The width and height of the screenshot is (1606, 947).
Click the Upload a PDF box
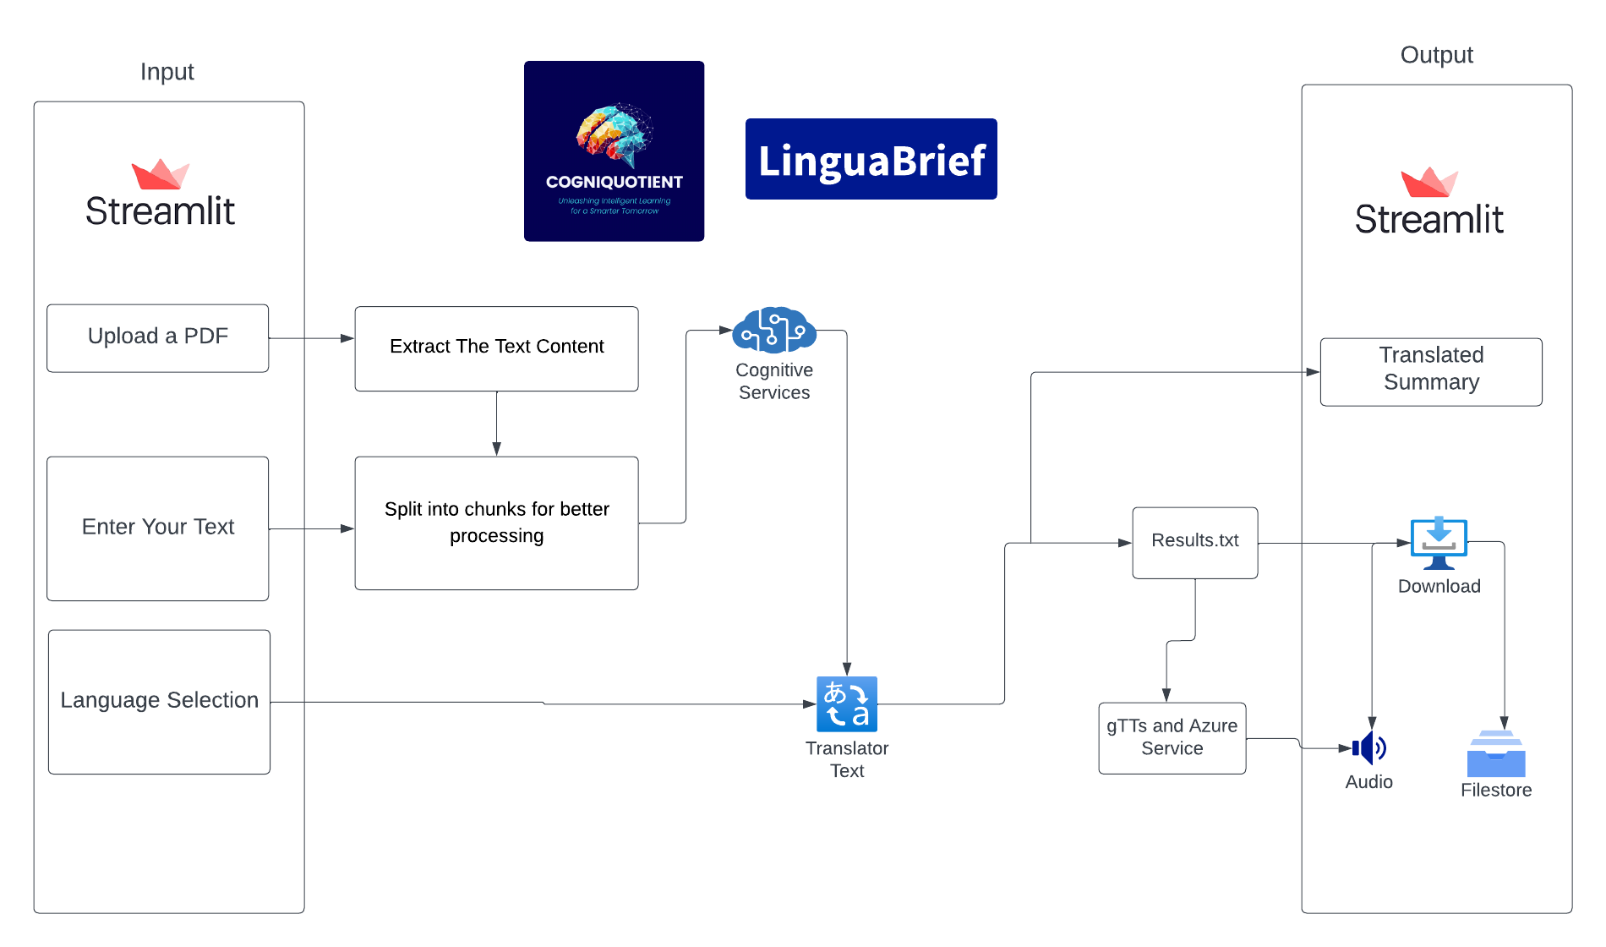tap(158, 337)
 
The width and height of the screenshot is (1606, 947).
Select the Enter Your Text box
tap(158, 528)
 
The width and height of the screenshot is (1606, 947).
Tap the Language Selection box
tap(159, 701)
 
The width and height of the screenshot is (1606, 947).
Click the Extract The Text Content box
tap(496, 348)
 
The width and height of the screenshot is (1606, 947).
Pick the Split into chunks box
tap(496, 523)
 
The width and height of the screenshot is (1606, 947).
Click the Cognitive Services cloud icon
tap(773, 330)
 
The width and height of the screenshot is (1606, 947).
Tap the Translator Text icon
tap(846, 703)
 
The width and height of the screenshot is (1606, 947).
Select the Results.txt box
tap(1194, 542)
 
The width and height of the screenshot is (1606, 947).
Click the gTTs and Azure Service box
tap(1172, 737)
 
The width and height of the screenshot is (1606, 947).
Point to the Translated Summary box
tap(1430, 371)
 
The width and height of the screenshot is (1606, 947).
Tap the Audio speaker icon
tap(1369, 747)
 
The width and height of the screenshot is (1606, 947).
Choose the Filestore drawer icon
tap(1495, 753)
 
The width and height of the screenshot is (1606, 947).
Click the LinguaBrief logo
tap(871, 159)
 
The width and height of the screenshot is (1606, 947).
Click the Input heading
tap(167, 72)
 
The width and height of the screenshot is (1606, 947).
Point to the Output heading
tap(1436, 55)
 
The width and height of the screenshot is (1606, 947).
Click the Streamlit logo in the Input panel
tap(160, 195)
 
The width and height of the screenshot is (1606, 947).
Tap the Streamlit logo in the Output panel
tap(1429, 203)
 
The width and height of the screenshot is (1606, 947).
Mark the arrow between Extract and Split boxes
tap(496, 424)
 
